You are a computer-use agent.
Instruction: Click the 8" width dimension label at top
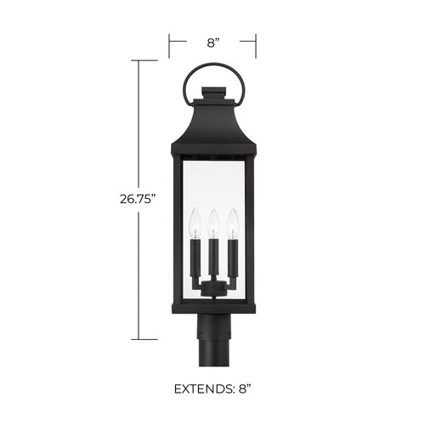click(212, 41)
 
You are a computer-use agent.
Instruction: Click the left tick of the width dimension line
click(170, 41)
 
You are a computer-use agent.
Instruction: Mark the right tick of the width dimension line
click(256, 41)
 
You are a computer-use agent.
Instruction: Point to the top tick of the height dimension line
click(141, 61)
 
